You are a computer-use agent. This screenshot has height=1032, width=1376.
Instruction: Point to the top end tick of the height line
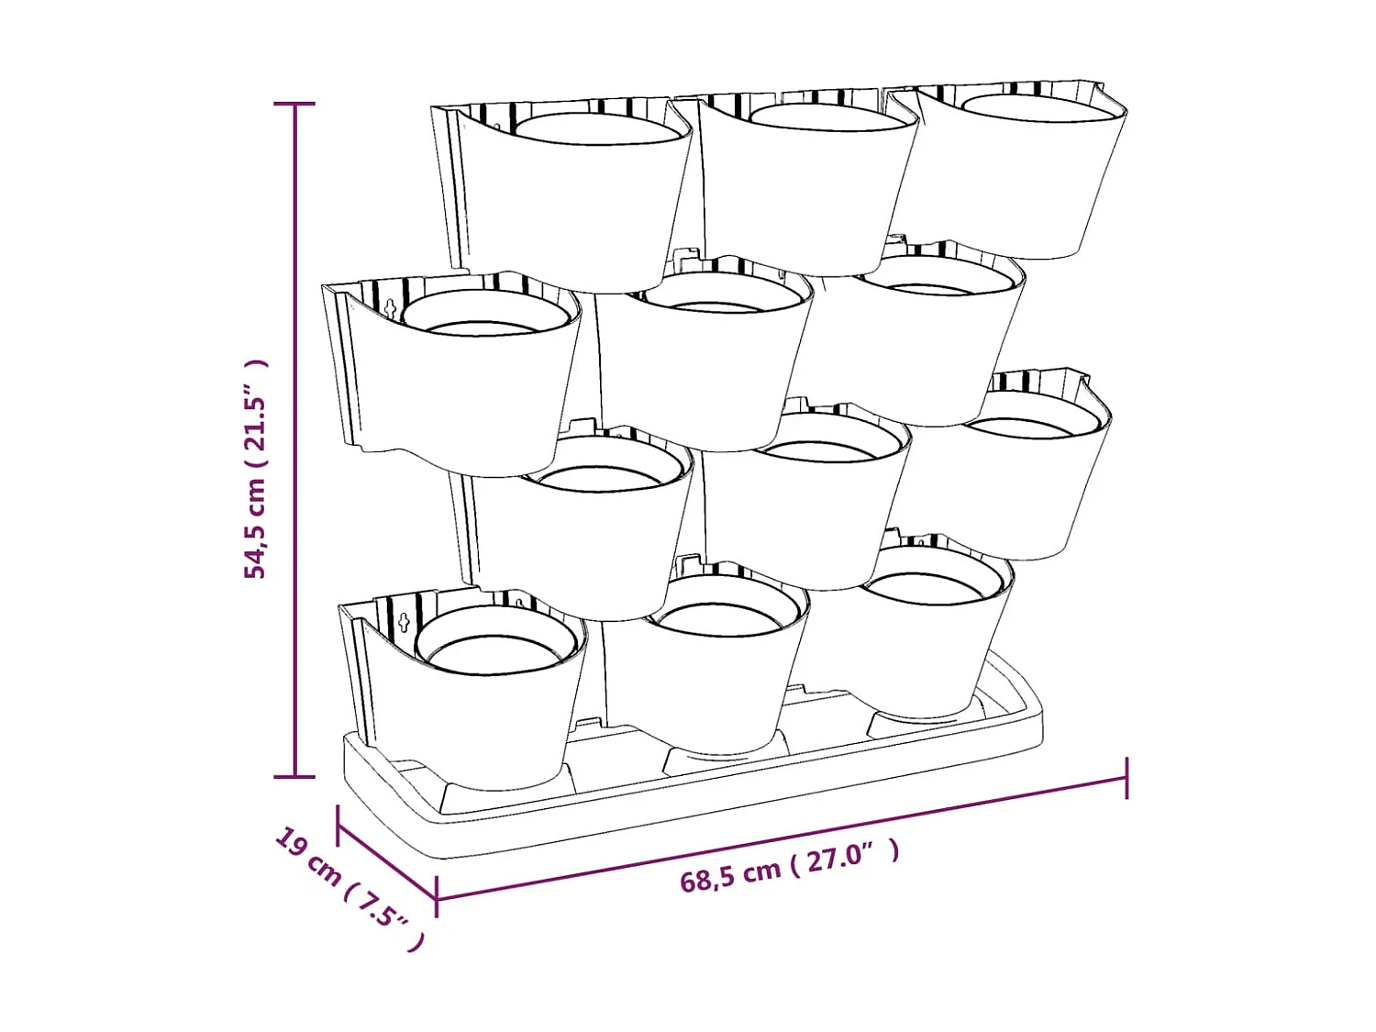[294, 104]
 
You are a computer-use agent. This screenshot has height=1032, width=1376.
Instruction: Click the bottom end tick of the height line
[294, 777]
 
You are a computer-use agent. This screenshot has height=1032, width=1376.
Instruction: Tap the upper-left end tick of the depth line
[338, 826]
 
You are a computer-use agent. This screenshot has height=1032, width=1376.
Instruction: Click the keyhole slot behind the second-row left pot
[392, 307]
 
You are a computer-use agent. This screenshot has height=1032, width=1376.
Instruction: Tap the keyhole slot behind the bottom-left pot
[405, 622]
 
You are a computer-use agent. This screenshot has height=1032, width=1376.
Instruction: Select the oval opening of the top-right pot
[1036, 107]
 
